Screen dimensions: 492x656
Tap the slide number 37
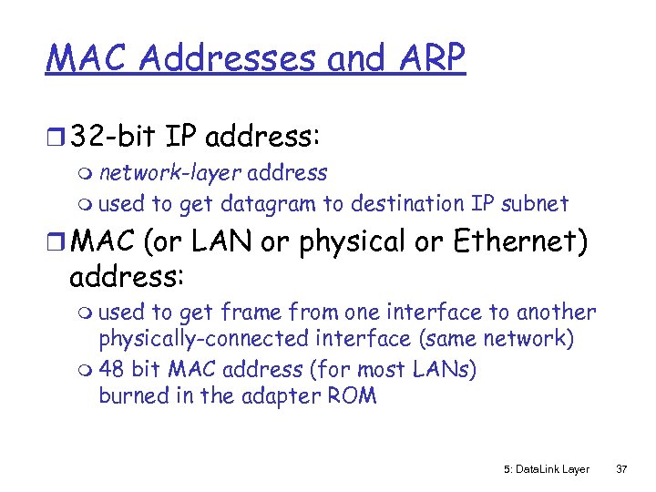point(622,469)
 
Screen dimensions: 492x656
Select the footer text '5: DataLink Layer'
point(546,469)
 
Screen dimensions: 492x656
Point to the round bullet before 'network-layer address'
point(87,174)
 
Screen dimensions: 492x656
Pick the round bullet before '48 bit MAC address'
point(87,371)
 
